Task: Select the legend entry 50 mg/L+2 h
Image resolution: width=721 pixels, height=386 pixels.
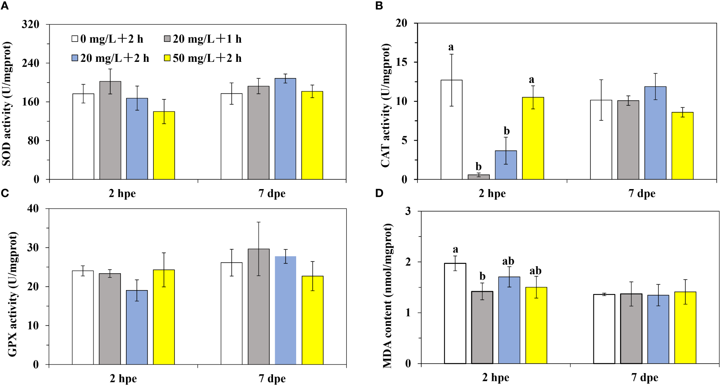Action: coord(203,58)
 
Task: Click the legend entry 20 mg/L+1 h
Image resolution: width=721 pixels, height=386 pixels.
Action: coord(203,39)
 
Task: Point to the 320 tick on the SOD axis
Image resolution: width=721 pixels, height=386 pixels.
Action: coord(31,24)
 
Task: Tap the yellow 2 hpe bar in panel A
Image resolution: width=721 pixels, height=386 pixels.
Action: coord(164,145)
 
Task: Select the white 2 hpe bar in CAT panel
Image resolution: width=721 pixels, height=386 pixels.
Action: coord(451,130)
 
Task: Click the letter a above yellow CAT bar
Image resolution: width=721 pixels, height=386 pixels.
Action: coord(531,80)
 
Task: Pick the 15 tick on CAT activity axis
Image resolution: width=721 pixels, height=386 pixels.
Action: coord(401,62)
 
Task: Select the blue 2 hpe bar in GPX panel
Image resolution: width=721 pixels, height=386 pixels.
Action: coord(137,327)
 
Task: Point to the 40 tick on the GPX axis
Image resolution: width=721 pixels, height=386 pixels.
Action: coord(33,209)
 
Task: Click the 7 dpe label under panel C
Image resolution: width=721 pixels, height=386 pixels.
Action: coord(272,379)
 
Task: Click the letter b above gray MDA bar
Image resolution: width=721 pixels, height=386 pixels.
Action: coord(482,277)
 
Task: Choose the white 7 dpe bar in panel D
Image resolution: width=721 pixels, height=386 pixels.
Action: coord(604,329)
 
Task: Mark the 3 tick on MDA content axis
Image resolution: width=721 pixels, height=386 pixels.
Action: coord(408,211)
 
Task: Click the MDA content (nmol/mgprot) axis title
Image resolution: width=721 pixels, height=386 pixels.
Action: coord(387,296)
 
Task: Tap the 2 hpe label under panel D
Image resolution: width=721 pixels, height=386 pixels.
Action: coord(495,377)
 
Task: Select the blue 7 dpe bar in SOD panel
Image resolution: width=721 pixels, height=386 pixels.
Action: coord(285,129)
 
